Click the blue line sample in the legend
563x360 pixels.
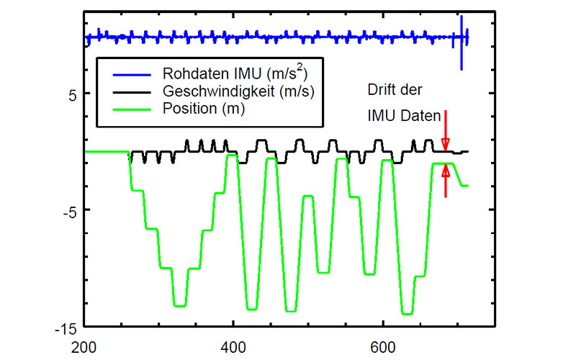tap(128, 73)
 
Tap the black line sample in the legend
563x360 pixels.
tap(128, 91)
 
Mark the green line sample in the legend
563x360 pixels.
tap(128, 109)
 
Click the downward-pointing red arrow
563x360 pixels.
tap(446, 130)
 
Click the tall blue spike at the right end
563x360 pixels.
tap(461, 43)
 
